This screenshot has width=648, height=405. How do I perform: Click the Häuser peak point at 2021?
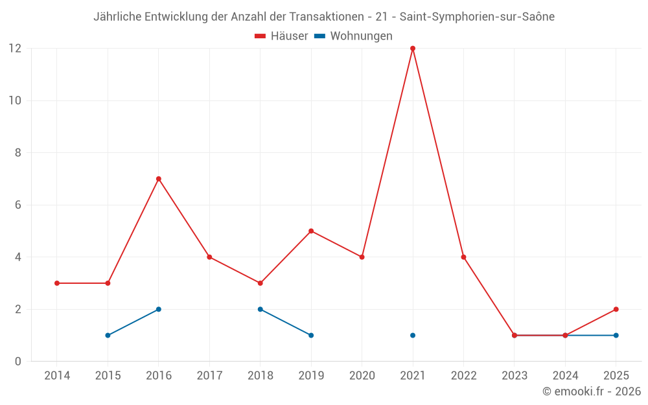tap(413, 49)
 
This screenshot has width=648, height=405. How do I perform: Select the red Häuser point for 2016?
tap(159, 179)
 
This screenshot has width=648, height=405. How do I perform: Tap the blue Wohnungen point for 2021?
tap(413, 335)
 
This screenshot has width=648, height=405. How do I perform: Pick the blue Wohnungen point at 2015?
tap(108, 335)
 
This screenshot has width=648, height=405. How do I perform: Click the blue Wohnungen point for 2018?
tap(260, 309)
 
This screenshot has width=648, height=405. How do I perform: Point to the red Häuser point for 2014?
tap(57, 283)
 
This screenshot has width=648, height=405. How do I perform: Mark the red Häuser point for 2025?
tap(616, 309)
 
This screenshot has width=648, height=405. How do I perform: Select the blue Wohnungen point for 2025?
tap(616, 335)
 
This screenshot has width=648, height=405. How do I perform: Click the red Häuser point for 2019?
tap(311, 231)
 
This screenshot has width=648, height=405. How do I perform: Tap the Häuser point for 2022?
tap(463, 257)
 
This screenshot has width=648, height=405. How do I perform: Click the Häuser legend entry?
tap(281, 36)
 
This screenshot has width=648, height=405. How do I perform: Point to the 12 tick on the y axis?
tap(15, 49)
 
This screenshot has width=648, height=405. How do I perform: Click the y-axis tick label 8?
tap(18, 153)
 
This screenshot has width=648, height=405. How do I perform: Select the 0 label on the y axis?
tap(18, 362)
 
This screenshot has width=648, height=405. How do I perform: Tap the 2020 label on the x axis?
tap(362, 376)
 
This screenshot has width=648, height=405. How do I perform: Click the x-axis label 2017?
tap(209, 376)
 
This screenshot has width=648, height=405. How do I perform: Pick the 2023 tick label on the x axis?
tap(515, 376)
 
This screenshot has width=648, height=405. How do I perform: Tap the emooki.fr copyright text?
tap(592, 391)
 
